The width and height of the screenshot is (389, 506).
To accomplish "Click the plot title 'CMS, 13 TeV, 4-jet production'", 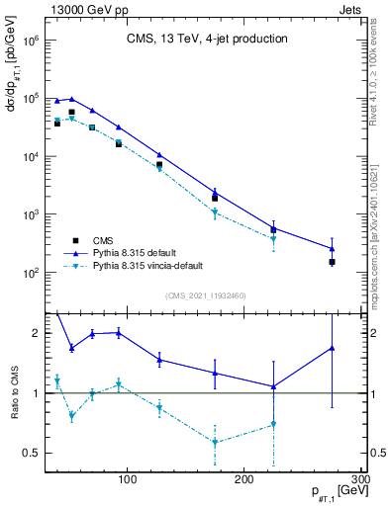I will pos(207,40).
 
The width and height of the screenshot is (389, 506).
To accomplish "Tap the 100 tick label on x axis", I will pos(127,480).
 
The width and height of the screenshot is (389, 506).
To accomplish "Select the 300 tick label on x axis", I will pos(360,480).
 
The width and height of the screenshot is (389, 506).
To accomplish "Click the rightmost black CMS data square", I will pos(333,262).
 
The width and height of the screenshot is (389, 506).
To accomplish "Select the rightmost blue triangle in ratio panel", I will pos(333,348).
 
